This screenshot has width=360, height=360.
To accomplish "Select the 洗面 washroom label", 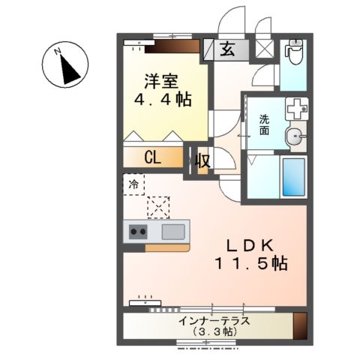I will (265, 124).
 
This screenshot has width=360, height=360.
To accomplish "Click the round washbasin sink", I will (295, 136).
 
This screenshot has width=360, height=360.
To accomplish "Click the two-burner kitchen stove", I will (138, 231).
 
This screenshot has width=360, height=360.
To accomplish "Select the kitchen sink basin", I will (172, 231).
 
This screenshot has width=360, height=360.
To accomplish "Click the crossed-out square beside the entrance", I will (264, 50).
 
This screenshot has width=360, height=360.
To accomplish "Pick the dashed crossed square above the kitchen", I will (159, 205).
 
